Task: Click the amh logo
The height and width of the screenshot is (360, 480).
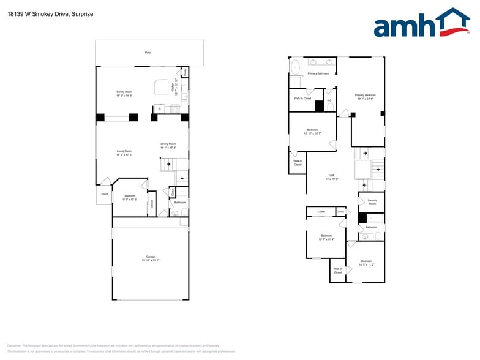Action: coord(421,24)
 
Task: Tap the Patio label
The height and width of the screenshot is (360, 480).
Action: coord(148,53)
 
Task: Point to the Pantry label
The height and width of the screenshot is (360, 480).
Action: coord(185,72)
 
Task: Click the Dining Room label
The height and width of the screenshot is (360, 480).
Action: coord(168,144)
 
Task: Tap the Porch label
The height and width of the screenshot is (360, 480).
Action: coord(104,194)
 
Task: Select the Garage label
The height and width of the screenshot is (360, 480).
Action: coord(150,257)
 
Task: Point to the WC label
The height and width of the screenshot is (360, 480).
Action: coord(329,100)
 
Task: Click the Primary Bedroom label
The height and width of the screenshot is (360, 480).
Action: coord(365,95)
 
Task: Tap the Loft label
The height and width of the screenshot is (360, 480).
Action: coord(332,175)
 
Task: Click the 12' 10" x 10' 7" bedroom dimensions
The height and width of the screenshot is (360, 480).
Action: coord(312,133)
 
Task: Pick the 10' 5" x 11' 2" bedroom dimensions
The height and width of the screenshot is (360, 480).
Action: coord(366,264)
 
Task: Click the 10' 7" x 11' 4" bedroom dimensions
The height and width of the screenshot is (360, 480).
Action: coord(326,239)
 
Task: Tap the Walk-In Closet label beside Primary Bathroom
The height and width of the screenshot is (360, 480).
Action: coord(302,98)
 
